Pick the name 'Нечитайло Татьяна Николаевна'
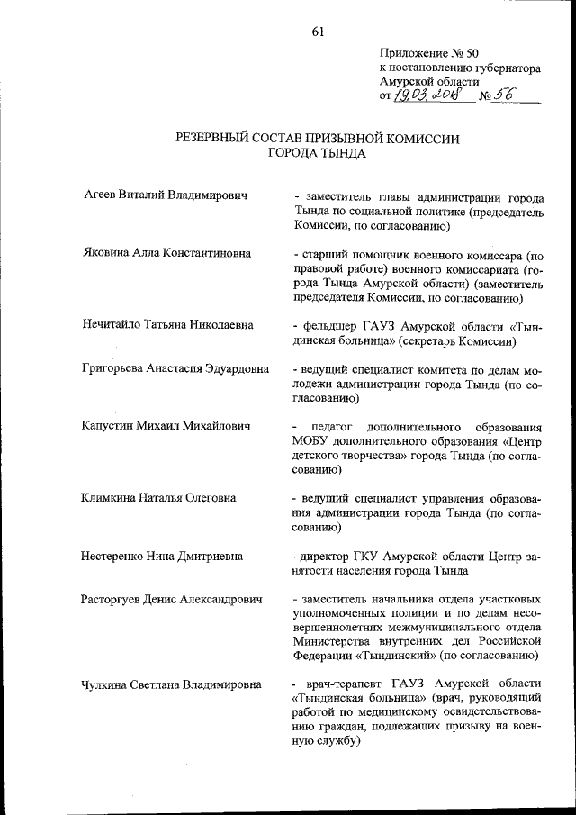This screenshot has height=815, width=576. coord(167,325)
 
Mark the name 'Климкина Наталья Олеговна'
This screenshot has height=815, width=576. coord(158,496)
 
